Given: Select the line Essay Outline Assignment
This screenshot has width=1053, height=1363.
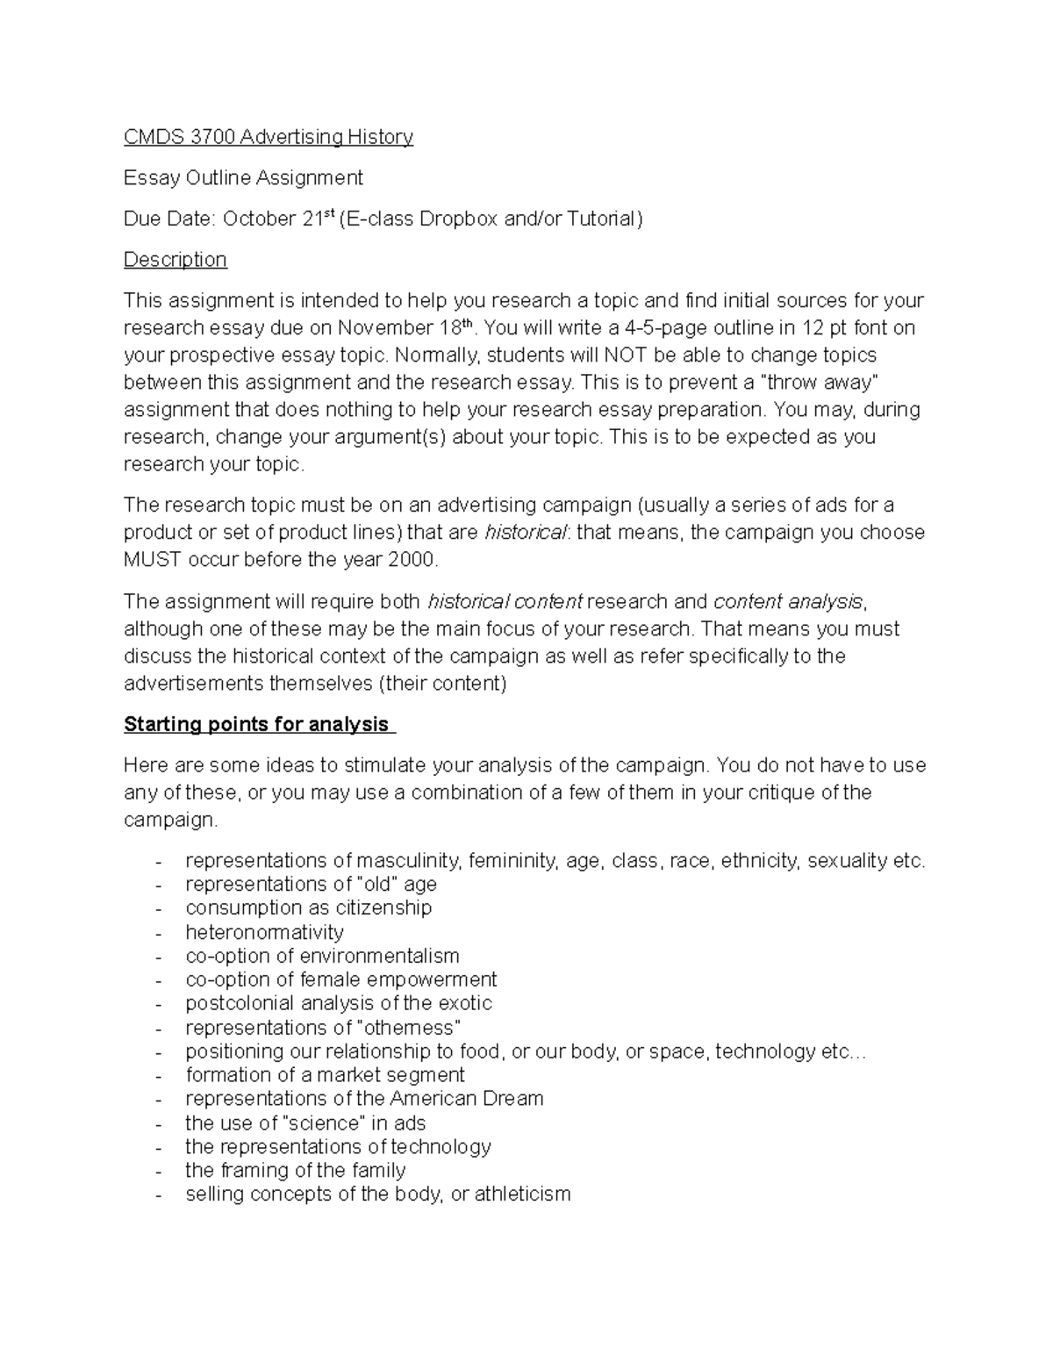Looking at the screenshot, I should pos(243,178).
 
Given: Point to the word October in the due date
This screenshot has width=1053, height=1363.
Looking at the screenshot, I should pos(260,219).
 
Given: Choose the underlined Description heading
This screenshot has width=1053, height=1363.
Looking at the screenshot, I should pos(175,260).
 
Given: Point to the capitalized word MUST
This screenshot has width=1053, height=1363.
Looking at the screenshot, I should pos(151,560).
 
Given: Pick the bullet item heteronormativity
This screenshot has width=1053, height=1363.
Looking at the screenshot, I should pos(264,932).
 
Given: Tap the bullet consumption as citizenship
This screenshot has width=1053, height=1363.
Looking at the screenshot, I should pos(308,907).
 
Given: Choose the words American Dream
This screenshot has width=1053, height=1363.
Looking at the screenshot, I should pos(466,1099).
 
